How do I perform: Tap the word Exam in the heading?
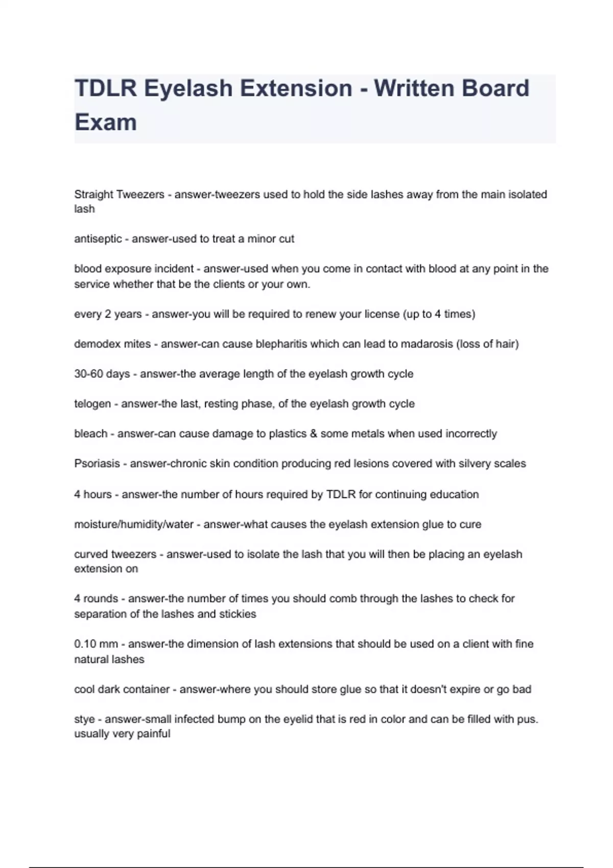(x=106, y=123)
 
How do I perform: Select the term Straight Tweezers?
(x=119, y=195)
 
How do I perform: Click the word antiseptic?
(x=98, y=239)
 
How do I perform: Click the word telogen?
(x=92, y=404)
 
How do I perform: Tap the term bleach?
(x=91, y=433)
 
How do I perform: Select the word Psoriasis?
(x=97, y=464)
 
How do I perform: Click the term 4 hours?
(x=93, y=494)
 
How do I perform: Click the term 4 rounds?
(x=96, y=598)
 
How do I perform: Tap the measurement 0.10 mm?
(x=96, y=644)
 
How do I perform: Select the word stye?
(x=84, y=719)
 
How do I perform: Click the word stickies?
(x=238, y=614)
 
